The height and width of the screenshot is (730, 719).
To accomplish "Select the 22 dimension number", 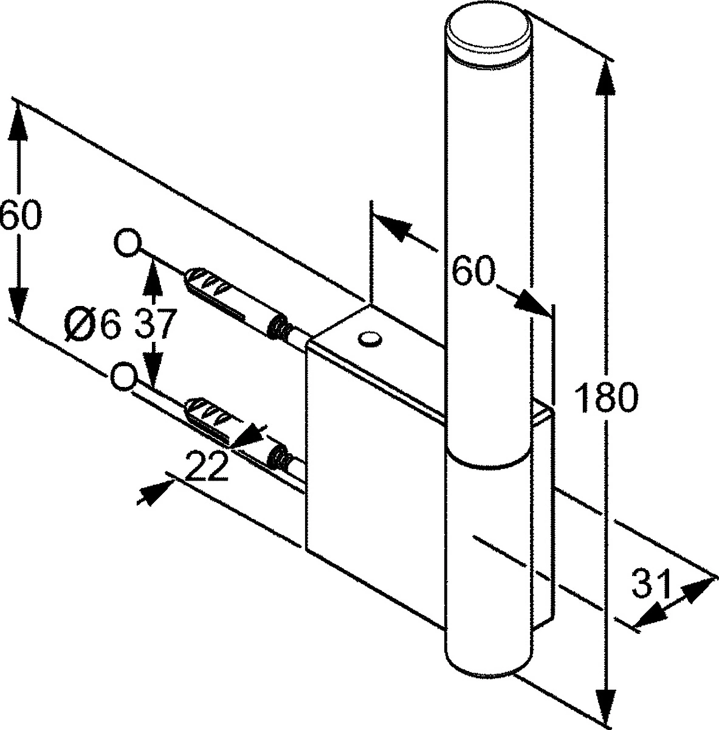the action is point(208,465).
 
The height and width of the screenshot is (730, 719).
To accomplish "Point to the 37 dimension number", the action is point(156,324).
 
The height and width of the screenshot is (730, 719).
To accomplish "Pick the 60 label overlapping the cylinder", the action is point(474,271).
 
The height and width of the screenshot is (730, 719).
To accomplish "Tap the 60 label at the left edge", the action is point(19,214).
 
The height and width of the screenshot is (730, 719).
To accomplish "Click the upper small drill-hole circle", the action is point(128,243).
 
